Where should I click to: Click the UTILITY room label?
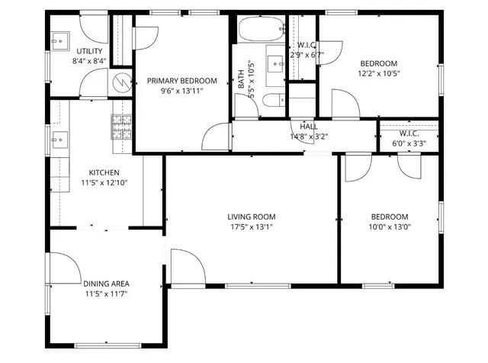(89, 51)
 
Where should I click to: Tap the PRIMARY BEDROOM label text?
(182, 81)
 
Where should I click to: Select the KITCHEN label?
(104, 172)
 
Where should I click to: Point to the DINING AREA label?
(105, 284)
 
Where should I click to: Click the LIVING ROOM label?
(251, 216)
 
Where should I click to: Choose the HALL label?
(309, 127)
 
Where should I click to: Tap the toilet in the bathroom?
(271, 100)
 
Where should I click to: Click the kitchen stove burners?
(121, 126)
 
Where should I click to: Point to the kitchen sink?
(59, 139)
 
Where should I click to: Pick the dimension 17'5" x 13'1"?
(251, 226)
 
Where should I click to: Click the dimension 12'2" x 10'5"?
(378, 74)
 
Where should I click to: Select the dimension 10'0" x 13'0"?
(390, 226)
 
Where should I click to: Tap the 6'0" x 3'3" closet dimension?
(408, 143)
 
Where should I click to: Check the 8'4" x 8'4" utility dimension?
(89, 61)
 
